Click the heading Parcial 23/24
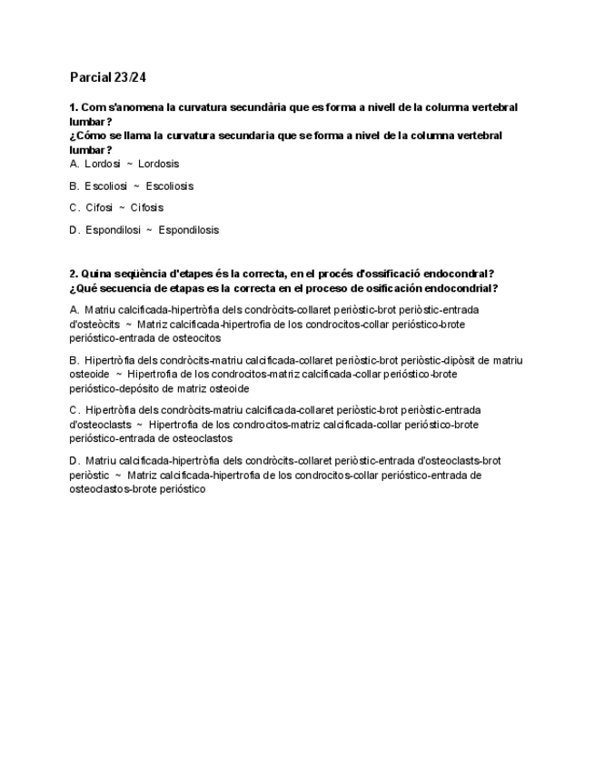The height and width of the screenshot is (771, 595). tap(108, 77)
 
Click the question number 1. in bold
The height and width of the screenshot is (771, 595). tap(74, 107)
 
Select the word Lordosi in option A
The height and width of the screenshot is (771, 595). tap(103, 164)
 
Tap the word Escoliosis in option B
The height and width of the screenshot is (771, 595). tap(169, 185)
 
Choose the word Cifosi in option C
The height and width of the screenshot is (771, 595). tap(98, 207)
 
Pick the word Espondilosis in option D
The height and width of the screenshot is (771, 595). tap(188, 230)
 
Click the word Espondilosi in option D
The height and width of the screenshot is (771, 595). tap(113, 230)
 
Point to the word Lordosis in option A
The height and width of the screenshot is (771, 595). tap(158, 164)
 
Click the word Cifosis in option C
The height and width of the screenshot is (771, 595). tap(147, 207)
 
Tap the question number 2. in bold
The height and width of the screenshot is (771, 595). tap(74, 274)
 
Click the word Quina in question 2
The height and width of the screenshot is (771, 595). tap(96, 274)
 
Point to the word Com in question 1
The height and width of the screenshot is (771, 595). tap(92, 107)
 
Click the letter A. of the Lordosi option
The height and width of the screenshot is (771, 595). tap(74, 164)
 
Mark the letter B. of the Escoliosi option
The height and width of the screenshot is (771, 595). tap(74, 185)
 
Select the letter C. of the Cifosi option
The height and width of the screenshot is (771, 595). tap(74, 207)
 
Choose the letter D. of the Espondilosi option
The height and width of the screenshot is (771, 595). tap(74, 230)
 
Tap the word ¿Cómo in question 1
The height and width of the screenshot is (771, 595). tap(86, 135)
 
